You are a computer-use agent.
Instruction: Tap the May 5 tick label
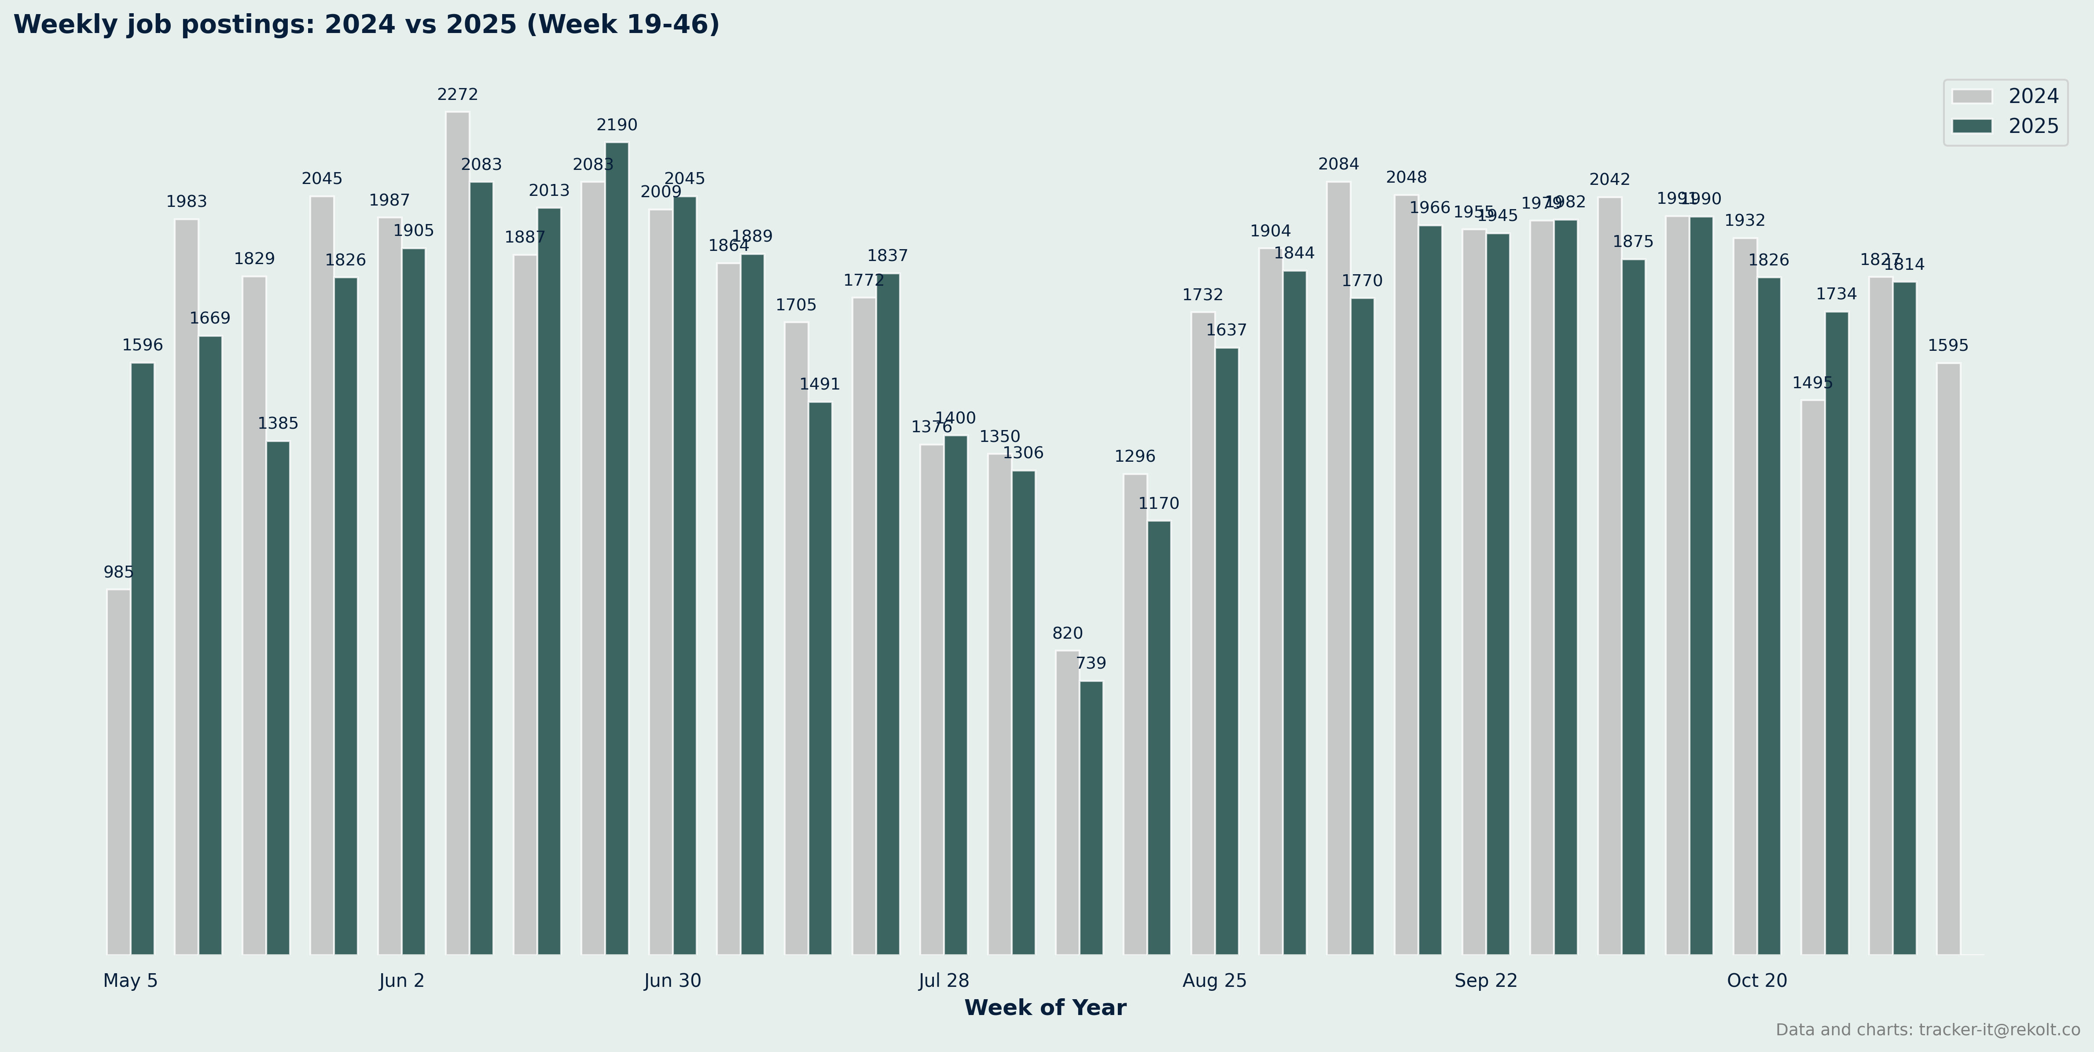(x=130, y=980)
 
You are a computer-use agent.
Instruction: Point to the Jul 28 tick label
(x=944, y=980)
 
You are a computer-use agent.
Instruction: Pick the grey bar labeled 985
(x=119, y=772)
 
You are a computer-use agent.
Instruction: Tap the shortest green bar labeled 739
(x=1091, y=817)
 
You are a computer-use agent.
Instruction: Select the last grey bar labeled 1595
(x=1948, y=658)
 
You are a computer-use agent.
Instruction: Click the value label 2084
(x=1338, y=164)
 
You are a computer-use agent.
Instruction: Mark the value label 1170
(x=1158, y=503)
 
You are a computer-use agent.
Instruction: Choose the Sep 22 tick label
(x=1486, y=980)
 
